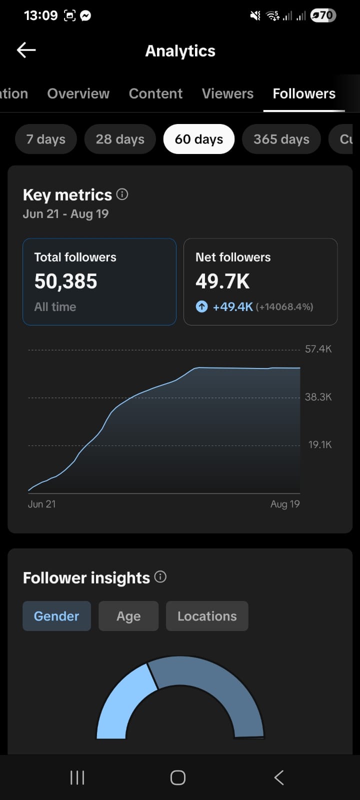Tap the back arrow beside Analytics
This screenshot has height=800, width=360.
tap(26, 50)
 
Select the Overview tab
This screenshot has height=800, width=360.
tap(78, 93)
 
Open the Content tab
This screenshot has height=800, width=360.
tap(155, 93)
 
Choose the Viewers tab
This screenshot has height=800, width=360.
tap(227, 93)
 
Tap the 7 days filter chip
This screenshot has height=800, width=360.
tap(45, 139)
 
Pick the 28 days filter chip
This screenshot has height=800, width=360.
tap(120, 139)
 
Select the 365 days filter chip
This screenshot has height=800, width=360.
tap(281, 139)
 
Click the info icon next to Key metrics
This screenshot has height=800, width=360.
tap(122, 194)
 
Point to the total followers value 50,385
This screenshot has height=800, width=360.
tap(65, 281)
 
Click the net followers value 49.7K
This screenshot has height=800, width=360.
tap(222, 281)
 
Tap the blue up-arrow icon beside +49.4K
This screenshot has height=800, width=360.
tap(201, 306)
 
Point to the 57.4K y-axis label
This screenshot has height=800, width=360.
tap(318, 349)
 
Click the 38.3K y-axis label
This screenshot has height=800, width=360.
tap(318, 397)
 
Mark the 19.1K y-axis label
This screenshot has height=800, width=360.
tap(320, 444)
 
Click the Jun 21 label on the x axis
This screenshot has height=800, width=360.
tap(42, 504)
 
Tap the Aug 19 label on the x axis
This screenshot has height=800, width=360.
tap(285, 504)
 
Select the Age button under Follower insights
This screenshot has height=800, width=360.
tap(128, 616)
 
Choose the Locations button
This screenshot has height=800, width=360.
tap(207, 616)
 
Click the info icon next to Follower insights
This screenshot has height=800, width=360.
tap(160, 577)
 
